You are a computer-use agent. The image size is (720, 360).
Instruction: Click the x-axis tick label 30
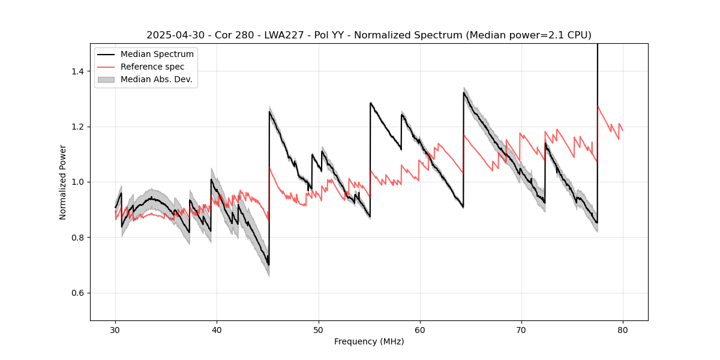[x=116, y=330]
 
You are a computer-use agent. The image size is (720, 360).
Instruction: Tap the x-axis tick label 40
[x=217, y=330]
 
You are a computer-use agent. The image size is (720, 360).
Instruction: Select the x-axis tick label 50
[x=319, y=330]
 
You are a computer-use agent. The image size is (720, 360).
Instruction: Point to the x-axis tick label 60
[x=420, y=330]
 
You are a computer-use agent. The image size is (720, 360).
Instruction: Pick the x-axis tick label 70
[x=521, y=330]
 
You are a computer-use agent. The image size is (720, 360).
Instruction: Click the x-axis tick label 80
[x=623, y=330]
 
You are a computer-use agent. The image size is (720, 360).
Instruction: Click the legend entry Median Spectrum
[x=157, y=55]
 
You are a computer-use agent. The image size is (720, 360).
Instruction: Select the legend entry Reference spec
[x=152, y=67]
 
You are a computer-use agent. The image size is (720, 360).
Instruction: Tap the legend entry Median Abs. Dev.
[x=156, y=79]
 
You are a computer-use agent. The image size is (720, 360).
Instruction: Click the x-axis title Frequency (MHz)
[x=369, y=341]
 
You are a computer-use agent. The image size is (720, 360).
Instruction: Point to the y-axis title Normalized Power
[x=63, y=182]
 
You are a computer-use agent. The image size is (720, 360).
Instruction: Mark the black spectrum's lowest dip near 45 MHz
[x=268, y=265]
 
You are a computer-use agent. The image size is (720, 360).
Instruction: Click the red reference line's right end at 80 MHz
[x=623, y=130]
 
